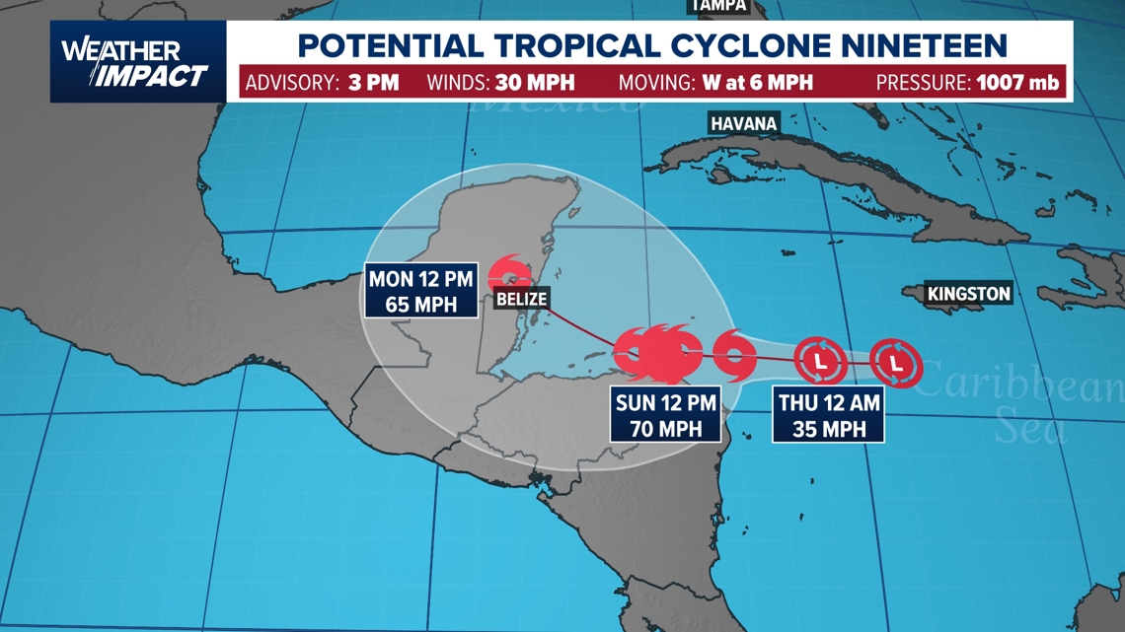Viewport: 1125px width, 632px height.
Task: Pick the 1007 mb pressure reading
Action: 1018,82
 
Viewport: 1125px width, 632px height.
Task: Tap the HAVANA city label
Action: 743,123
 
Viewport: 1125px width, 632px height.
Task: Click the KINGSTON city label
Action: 968,293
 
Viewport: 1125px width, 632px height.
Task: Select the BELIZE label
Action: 521,299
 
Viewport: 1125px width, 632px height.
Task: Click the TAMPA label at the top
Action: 718,6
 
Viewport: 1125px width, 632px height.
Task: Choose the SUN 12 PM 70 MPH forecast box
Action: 664,415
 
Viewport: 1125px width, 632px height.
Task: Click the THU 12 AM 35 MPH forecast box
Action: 829,415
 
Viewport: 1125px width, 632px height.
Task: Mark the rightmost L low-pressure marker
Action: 896,364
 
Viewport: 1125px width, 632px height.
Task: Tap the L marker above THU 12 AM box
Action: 820,362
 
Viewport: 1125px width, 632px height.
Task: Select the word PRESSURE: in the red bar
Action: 922,82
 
